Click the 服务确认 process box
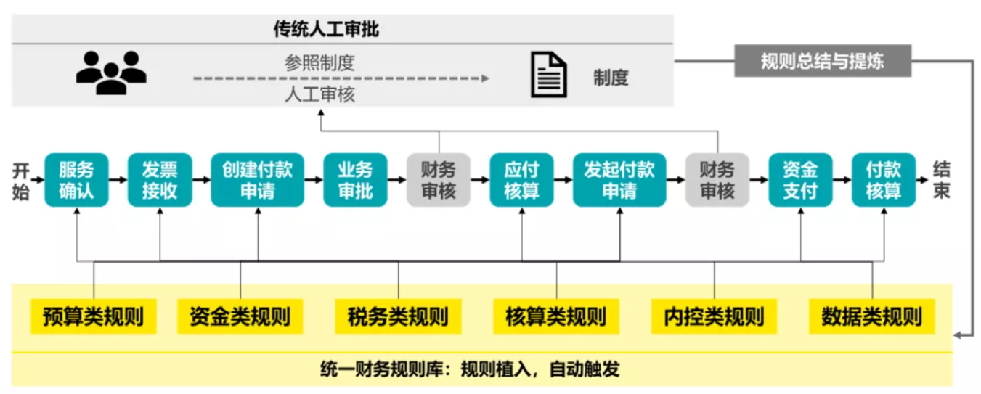[x=76, y=180]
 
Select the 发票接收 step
[x=160, y=180]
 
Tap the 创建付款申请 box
[x=257, y=180]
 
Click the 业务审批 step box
[x=355, y=180]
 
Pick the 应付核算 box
[x=521, y=180]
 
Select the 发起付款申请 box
[x=619, y=180]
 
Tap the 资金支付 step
[x=800, y=180]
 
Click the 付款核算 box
[x=883, y=180]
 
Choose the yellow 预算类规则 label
[x=93, y=317]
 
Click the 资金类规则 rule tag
[x=240, y=317]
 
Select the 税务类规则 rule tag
[x=398, y=317]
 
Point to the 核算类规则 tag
[x=555, y=317]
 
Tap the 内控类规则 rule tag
[x=714, y=317]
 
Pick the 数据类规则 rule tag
[x=871, y=317]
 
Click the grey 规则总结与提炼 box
[x=822, y=61]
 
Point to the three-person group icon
[x=111, y=72]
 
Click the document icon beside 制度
[x=548, y=74]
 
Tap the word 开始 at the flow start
[x=21, y=181]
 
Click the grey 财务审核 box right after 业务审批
[x=438, y=180]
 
